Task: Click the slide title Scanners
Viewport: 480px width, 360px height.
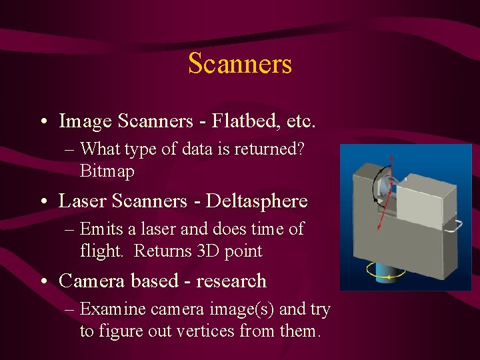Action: pyautogui.click(x=240, y=64)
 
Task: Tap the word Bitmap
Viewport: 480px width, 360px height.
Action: pyautogui.click(x=107, y=171)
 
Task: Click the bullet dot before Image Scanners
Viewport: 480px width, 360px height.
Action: pyautogui.click(x=43, y=122)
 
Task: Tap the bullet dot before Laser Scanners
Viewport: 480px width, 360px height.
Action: pyautogui.click(x=43, y=201)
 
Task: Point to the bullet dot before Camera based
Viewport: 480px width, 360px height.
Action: pyautogui.click(x=43, y=281)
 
